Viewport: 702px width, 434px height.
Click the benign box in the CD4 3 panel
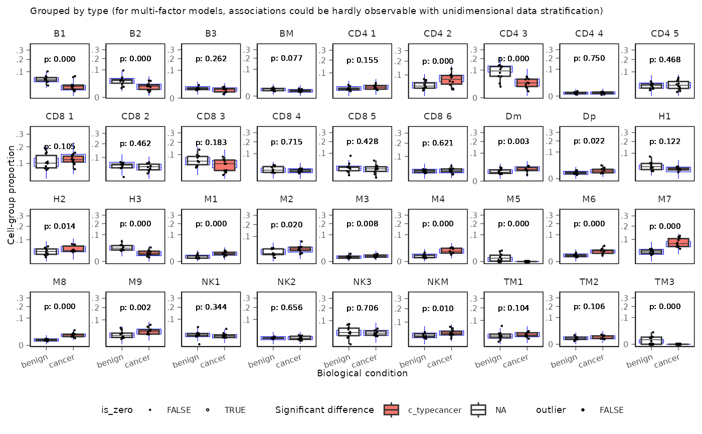(499, 71)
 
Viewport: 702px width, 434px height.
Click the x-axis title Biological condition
(362, 373)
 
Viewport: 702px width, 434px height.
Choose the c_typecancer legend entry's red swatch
(391, 410)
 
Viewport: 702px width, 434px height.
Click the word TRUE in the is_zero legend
(235, 410)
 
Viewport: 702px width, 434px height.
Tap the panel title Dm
(513, 117)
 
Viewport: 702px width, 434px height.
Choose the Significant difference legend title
(324, 410)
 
